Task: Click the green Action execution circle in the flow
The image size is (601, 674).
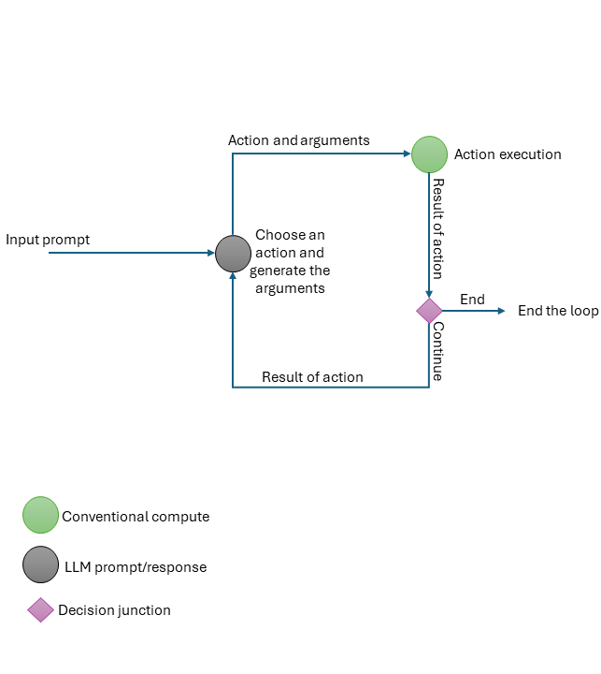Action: click(x=429, y=154)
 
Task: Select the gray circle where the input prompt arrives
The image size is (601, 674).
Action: click(x=233, y=253)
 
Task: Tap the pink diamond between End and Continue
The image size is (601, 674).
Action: click(x=429, y=311)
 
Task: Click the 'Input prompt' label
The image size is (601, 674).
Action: click(x=48, y=240)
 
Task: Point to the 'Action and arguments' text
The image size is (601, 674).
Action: click(x=298, y=140)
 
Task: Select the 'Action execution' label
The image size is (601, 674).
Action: click(x=508, y=154)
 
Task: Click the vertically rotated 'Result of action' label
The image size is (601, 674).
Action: click(x=437, y=227)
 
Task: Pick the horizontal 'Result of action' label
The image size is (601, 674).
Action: click(x=312, y=377)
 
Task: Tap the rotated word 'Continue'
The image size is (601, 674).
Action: click(x=437, y=351)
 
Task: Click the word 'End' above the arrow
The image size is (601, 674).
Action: click(x=472, y=300)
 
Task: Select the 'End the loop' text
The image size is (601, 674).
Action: click(x=558, y=311)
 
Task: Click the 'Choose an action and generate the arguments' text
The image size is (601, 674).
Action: click(x=290, y=261)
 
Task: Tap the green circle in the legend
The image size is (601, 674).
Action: click(x=40, y=515)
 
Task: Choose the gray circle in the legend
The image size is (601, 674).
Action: click(x=40, y=564)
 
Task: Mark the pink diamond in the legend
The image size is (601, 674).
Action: click(x=40, y=610)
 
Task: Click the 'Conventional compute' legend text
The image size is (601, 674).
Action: click(x=136, y=517)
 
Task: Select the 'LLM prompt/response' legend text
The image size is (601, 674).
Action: click(x=136, y=567)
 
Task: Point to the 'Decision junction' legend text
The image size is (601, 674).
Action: click(x=114, y=610)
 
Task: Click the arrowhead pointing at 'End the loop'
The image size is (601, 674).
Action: click(x=502, y=311)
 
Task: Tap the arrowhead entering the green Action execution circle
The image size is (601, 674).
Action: click(x=407, y=154)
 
